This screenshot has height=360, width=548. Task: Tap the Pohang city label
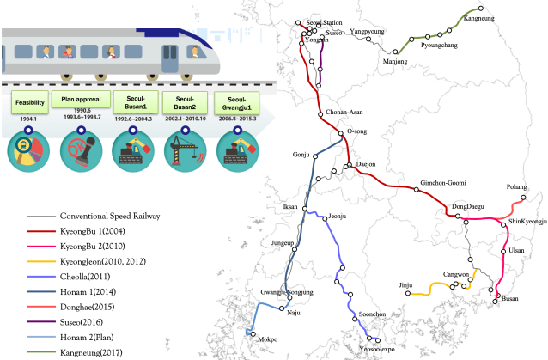coord(517,186)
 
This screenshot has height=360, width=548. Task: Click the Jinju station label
coord(406,284)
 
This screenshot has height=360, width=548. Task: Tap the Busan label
coord(510,298)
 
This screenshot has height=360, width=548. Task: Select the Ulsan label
coord(516,250)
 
